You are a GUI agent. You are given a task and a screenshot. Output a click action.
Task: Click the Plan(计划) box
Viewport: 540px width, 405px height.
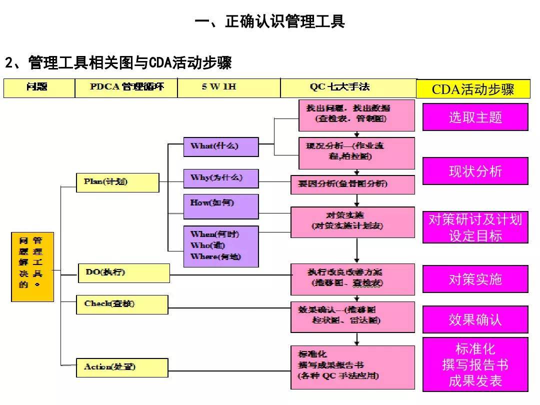tap(117, 182)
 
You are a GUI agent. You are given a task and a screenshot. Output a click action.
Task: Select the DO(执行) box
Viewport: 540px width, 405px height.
tap(123, 272)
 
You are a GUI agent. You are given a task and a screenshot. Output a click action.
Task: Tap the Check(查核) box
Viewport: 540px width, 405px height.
tap(122, 304)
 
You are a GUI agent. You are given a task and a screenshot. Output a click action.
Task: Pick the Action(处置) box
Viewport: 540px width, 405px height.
tap(122, 367)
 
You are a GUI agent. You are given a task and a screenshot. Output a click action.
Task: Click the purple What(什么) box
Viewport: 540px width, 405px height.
tap(220, 146)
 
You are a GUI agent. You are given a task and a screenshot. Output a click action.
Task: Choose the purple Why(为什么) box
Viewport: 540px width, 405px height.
tap(220, 178)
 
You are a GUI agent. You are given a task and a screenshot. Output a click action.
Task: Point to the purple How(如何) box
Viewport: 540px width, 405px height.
tap(220, 206)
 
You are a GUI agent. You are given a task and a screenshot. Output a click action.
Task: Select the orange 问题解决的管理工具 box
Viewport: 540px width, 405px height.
tap(32, 266)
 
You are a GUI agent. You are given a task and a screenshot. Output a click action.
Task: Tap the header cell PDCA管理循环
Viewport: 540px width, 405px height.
tap(126, 87)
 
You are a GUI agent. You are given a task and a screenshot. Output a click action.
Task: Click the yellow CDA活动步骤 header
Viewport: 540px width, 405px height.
tap(473, 89)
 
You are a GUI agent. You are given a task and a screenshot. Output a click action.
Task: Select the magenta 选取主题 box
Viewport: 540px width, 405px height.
tap(475, 117)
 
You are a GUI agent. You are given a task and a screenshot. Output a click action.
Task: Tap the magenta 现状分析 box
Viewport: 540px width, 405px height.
tap(475, 171)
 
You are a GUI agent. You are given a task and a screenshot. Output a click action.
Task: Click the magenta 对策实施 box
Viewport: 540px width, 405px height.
tap(475, 279)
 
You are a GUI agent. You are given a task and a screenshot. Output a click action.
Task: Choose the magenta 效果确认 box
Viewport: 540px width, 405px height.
tap(475, 320)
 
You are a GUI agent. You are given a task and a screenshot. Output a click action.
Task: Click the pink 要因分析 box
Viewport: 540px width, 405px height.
tap(352, 184)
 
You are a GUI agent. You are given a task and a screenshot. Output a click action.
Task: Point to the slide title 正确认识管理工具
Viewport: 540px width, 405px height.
tap(269, 22)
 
